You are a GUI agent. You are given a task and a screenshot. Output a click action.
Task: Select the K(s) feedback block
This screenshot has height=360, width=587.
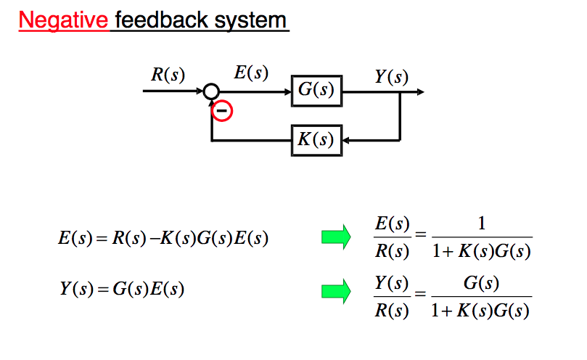316,139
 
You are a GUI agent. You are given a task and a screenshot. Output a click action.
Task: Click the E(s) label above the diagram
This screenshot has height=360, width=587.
251,73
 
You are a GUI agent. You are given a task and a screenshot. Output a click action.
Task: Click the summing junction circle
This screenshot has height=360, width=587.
210,92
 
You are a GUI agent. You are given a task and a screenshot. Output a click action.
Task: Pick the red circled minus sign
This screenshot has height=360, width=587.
222,111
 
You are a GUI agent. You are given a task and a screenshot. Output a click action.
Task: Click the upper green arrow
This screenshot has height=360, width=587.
335,238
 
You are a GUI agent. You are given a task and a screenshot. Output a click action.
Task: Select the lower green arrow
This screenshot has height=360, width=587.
335,291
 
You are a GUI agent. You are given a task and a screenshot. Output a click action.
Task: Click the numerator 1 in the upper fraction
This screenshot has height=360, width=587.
480,225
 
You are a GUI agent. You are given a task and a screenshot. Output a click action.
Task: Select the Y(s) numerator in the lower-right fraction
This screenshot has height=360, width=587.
391,282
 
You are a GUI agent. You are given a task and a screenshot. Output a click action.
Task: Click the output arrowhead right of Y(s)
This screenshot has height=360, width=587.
420,92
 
